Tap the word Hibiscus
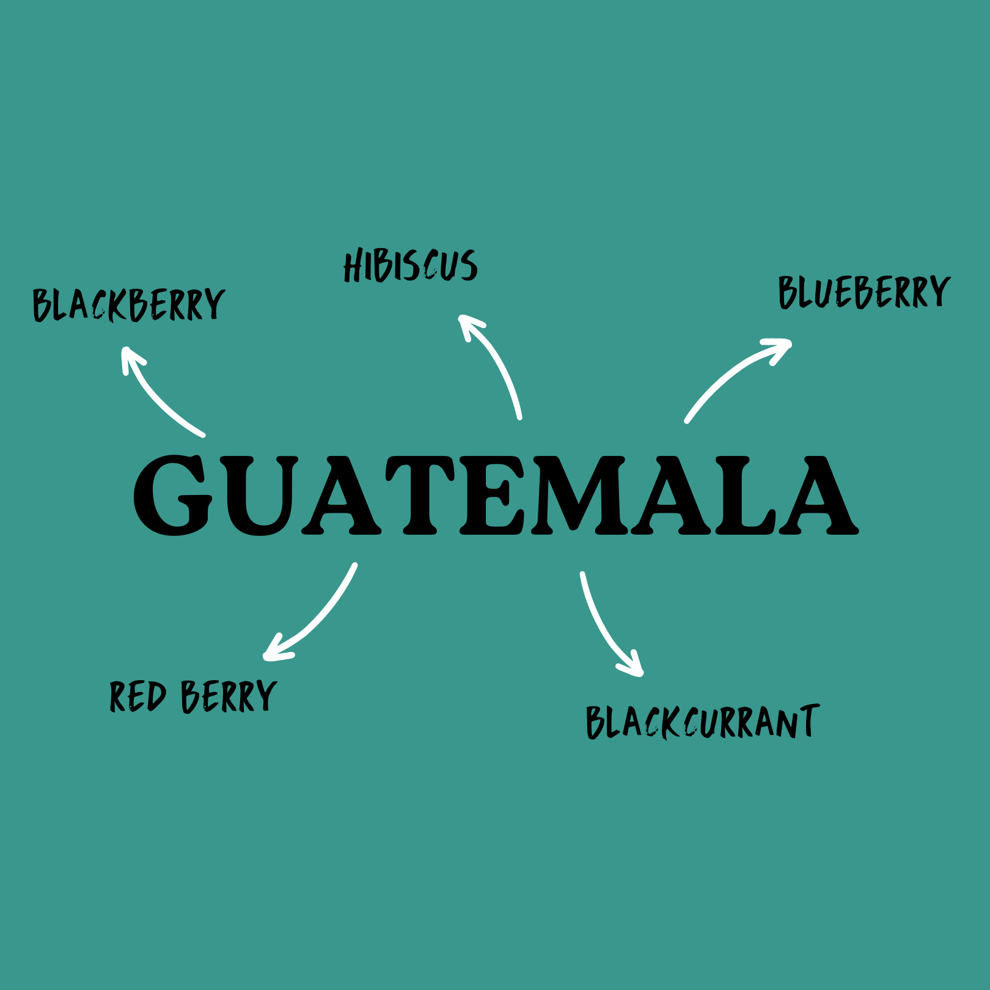tap(410, 266)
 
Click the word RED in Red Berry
tap(137, 697)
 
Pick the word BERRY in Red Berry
tap(229, 697)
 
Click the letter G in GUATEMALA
tap(173, 496)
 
